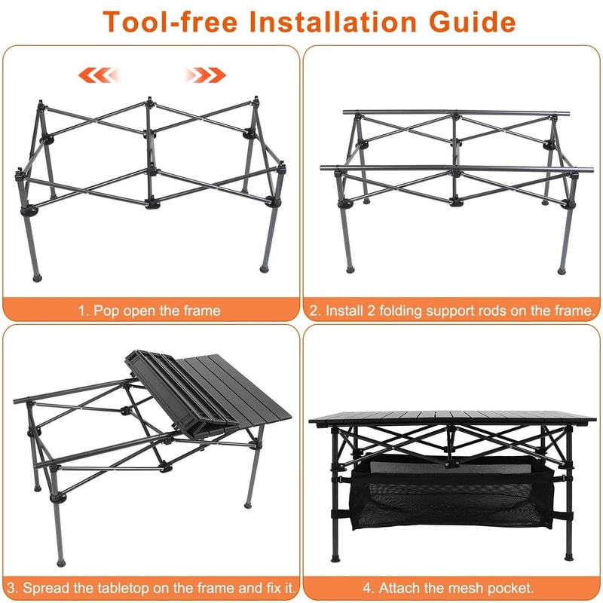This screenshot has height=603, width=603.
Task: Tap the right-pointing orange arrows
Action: coord(205,75)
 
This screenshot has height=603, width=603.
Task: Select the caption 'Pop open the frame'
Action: coord(149,311)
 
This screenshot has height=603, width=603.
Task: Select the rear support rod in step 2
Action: coord(452,114)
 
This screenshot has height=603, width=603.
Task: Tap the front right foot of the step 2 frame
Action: coord(562,268)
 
